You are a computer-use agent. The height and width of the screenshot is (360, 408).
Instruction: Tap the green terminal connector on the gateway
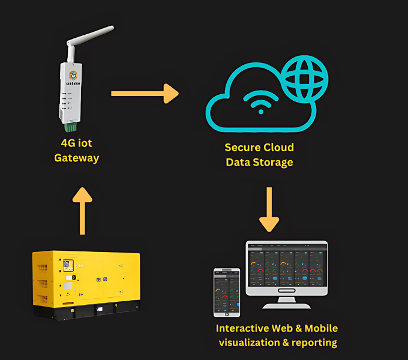pyautogui.click(x=71, y=127)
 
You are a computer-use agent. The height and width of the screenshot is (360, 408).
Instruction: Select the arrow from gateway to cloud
pyautogui.click(x=145, y=93)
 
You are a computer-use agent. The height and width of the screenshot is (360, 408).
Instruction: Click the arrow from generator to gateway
pyautogui.click(x=82, y=210)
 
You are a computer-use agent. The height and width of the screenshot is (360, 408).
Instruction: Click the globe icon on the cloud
pyautogui.click(x=304, y=77)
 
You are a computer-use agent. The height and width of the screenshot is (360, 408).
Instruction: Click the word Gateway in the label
pyautogui.click(x=76, y=158)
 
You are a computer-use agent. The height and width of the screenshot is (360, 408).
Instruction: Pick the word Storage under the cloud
pyautogui.click(x=274, y=162)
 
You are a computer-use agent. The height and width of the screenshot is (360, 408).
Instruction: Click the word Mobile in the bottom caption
pyautogui.click(x=321, y=328)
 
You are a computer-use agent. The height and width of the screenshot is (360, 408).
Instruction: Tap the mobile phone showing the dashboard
pyautogui.click(x=227, y=292)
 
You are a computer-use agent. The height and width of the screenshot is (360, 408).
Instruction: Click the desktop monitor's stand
pyautogui.click(x=286, y=301)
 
